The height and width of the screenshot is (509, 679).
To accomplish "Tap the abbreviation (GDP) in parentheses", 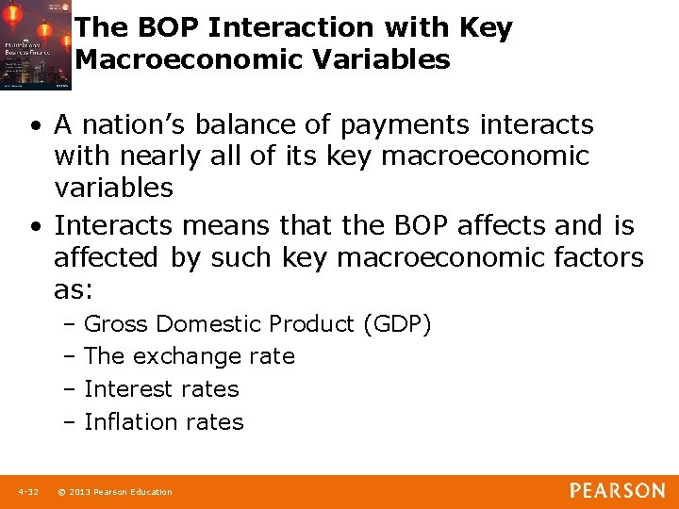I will (x=397, y=324).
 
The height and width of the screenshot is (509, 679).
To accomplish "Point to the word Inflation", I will (x=126, y=422).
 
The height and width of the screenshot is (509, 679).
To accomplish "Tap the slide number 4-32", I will (x=27, y=492).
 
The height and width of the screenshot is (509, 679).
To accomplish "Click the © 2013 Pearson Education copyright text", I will (x=115, y=492).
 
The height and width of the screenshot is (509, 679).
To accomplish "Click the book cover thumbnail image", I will (x=36, y=45).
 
